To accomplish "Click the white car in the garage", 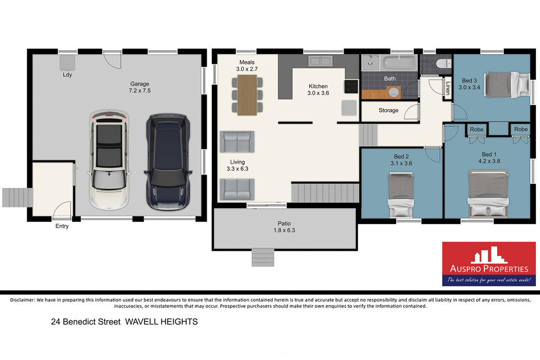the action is [x=109, y=160].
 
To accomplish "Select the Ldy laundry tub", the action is [x=67, y=63].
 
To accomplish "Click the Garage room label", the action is [x=140, y=87].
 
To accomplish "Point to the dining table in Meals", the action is [x=247, y=95].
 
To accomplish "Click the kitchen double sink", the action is [x=320, y=61].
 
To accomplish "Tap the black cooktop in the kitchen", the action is [x=351, y=87].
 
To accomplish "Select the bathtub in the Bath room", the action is [x=399, y=63].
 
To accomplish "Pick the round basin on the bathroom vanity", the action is [x=393, y=92].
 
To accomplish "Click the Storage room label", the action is [x=389, y=110].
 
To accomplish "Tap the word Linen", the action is [x=448, y=88].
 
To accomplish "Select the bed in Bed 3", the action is [x=507, y=84].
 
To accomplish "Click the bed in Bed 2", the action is [x=401, y=196].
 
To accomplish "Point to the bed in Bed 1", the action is [x=488, y=194].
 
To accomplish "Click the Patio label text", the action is [x=284, y=224].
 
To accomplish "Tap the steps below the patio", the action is [x=263, y=258].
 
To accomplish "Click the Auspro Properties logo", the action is [x=488, y=264].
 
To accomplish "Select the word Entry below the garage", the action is [x=62, y=226].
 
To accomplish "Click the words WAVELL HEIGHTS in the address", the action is [x=161, y=322].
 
